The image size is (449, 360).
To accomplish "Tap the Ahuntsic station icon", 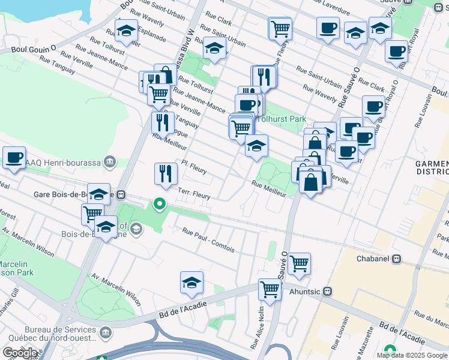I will coord(327,292).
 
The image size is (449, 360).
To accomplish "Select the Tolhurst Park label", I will coord(282,118).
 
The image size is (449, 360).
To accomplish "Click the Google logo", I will coord(19,352).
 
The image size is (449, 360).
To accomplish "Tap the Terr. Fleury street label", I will coord(194,193).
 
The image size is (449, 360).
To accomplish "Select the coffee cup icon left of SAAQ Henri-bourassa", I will coord(14,158).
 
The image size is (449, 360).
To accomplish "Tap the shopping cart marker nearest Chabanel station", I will coord(299,263).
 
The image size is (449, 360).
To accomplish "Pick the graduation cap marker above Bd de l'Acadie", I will coord(191,283).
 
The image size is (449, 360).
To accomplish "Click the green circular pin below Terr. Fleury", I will coord(160,204).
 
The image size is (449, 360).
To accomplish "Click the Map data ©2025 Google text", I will coord(412,355).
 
